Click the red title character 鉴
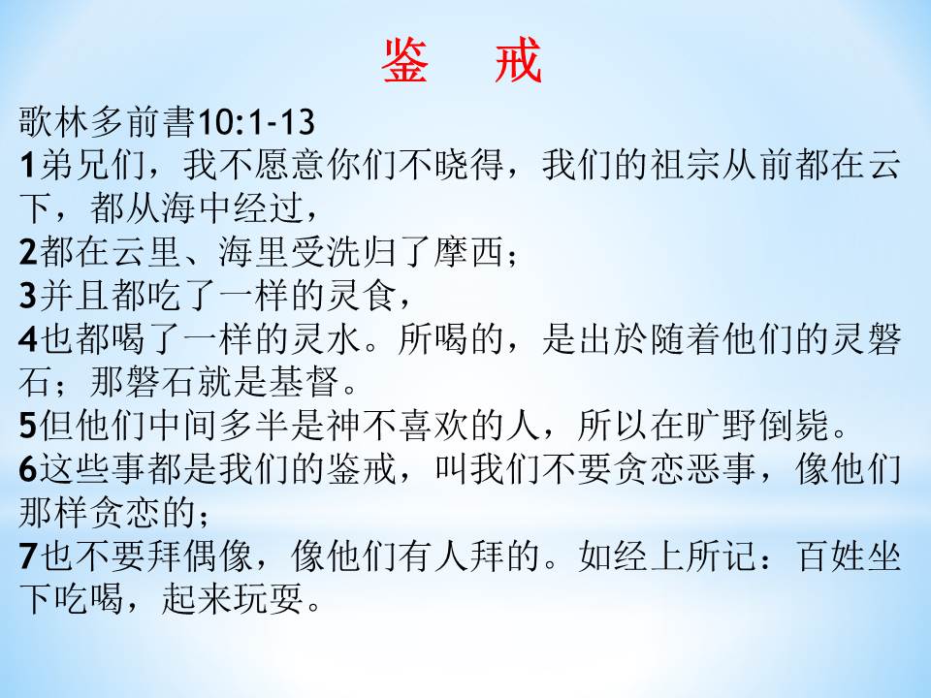(405, 60)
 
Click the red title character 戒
(518, 60)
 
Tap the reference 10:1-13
(256, 122)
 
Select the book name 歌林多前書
(108, 122)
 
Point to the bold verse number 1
(28, 166)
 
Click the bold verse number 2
(28, 252)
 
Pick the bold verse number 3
(28, 296)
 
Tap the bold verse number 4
(28, 339)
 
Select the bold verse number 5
(28, 426)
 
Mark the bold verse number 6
(28, 469)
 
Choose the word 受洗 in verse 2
(326, 252)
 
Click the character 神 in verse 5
(344, 426)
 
